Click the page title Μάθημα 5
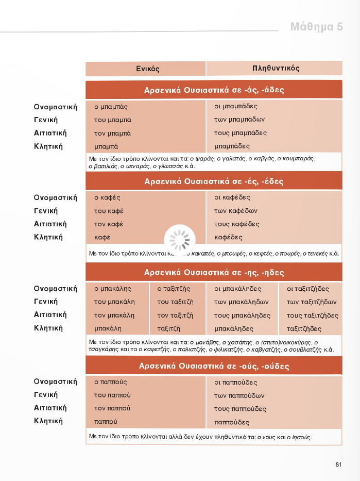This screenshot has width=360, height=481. point(316,27)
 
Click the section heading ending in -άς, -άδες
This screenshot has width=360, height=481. point(214,90)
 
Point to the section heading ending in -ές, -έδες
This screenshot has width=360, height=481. point(214,181)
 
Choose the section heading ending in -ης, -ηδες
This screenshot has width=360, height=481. point(214,272)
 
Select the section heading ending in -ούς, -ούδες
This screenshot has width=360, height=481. point(214,367)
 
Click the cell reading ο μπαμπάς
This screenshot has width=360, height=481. point(111,107)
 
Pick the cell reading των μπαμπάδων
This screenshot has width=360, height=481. point(239,120)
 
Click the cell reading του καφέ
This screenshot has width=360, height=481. point(108,211)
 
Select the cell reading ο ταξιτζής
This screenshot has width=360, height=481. point(174,289)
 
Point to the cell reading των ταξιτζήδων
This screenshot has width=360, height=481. point(311,302)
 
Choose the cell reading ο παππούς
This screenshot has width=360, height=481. point(110,383)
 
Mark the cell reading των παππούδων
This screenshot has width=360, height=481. point(239,396)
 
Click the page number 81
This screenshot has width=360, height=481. point(338,465)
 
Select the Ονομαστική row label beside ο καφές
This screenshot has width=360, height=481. point(55,198)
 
